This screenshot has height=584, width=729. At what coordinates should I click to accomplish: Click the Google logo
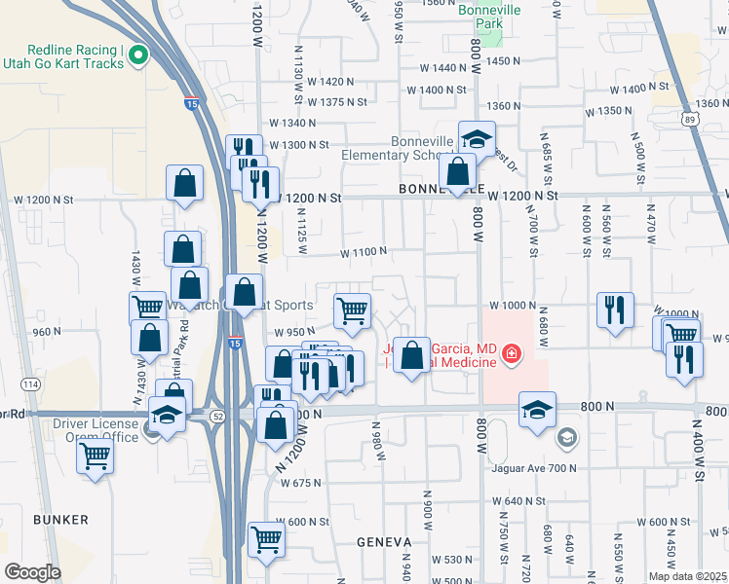pyautogui.click(x=32, y=572)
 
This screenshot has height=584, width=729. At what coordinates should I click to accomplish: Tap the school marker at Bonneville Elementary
pyautogui.click(x=477, y=138)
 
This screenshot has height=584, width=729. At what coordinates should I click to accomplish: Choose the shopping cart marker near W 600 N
pyautogui.click(x=266, y=539)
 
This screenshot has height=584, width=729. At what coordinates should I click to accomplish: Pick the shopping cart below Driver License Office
pyautogui.click(x=96, y=454)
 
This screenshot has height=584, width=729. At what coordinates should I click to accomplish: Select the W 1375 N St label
pyautogui.click(x=336, y=101)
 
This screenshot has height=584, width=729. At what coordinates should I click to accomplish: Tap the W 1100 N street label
pyautogui.click(x=364, y=251)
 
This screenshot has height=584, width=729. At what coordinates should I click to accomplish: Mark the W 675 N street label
pyautogui.click(x=300, y=483)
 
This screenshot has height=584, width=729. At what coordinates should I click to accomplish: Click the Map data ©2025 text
pyautogui.click(x=687, y=576)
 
